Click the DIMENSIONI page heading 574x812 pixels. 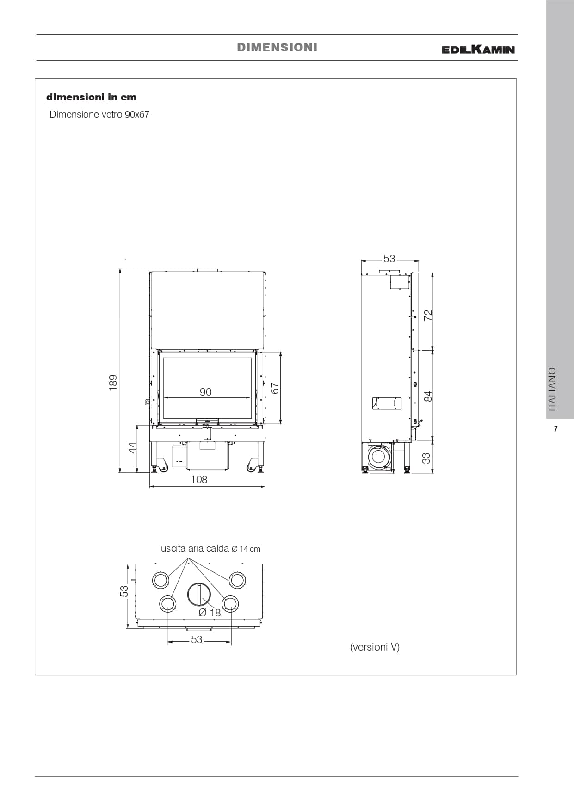click(x=277, y=47)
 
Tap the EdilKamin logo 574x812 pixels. click(x=478, y=49)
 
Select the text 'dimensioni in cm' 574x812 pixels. click(x=92, y=97)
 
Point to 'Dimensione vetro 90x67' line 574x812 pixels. click(x=99, y=114)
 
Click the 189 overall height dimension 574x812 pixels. click(x=113, y=383)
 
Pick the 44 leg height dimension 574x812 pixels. click(x=133, y=448)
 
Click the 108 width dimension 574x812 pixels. click(x=199, y=479)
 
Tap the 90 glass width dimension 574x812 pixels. click(x=206, y=392)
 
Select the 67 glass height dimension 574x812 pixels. click(x=276, y=388)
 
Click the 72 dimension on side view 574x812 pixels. click(x=428, y=315)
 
